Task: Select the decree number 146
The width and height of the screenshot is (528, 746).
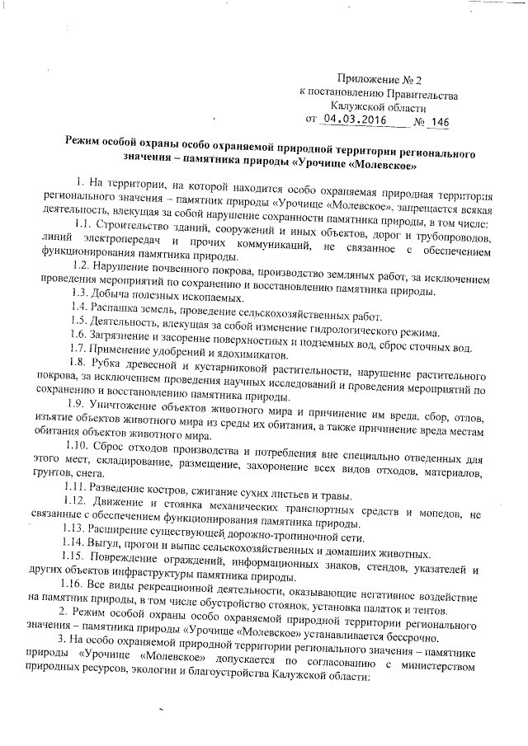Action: tap(440, 123)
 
